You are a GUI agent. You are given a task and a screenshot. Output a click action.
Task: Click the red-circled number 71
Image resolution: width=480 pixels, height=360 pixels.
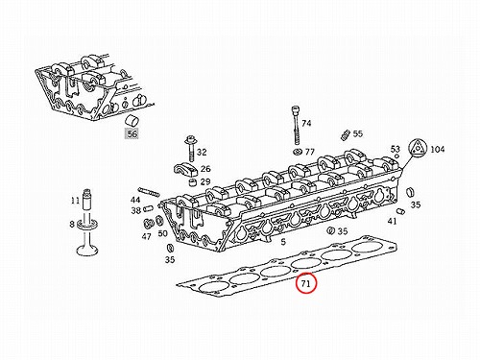click(x=306, y=283)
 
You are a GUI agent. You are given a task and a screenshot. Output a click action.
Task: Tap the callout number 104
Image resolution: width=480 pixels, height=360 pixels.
click(x=437, y=149)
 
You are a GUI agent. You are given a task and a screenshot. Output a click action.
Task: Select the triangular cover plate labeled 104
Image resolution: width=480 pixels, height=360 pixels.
click(x=418, y=149)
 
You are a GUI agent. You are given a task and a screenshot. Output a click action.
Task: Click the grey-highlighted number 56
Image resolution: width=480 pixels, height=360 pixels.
click(x=132, y=133)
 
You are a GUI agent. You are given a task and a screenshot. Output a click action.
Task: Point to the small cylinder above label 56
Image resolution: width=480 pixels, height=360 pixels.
click(x=132, y=120)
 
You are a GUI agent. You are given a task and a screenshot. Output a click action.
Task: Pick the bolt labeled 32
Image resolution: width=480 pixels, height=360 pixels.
click(x=190, y=149)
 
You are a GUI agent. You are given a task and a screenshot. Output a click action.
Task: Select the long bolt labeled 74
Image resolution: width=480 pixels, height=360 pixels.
click(x=296, y=126)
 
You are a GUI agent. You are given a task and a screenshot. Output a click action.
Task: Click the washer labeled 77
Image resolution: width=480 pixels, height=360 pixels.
click(x=298, y=152)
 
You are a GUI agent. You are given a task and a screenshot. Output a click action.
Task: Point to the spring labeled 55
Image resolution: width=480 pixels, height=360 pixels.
click(x=345, y=135)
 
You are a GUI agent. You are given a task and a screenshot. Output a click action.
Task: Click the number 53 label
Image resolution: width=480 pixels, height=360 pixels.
click(x=396, y=149)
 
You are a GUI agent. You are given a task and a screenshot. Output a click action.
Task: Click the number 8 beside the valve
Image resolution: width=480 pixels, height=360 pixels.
click(x=72, y=225)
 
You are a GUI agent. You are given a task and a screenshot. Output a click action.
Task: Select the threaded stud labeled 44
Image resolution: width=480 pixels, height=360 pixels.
click(x=149, y=191)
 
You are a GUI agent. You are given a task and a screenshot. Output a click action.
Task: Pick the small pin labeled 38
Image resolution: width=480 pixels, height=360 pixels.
click(x=149, y=209)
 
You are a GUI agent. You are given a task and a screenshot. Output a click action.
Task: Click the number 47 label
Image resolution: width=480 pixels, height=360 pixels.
click(x=146, y=236)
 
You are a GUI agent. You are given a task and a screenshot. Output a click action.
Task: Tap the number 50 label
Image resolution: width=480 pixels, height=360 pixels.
click(x=162, y=233)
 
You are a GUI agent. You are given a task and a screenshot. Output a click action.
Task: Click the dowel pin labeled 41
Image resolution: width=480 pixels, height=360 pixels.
click(x=400, y=211)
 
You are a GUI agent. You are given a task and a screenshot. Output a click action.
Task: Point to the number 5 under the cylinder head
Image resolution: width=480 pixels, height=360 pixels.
click(x=283, y=242)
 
